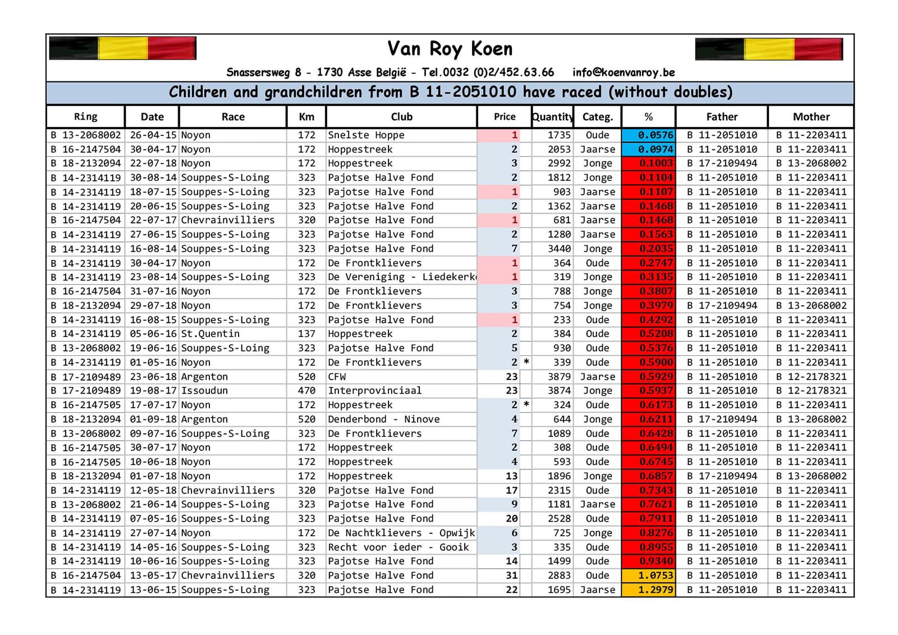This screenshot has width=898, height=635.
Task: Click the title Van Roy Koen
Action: coord(450,49)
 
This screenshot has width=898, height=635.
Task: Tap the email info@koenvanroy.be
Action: coord(623,72)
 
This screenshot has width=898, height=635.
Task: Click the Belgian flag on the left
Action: coord(123,48)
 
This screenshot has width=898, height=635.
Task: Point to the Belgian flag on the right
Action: coord(769,49)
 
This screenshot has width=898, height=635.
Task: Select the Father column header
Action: coord(722,117)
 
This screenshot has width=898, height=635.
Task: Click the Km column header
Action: coord(306,117)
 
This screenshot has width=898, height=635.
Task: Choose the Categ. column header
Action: coord(597,117)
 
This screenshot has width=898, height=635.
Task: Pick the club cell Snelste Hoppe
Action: coord(366,135)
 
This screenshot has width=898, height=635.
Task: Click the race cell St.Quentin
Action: coord(210,334)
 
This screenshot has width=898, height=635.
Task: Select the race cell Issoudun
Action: coord(204,391)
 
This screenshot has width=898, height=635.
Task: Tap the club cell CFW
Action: coord(337,377)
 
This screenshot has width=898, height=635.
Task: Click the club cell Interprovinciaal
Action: coord(374,391)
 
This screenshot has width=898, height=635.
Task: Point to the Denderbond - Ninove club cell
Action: coord(384,419)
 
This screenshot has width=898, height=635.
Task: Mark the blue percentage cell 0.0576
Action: coord(648,135)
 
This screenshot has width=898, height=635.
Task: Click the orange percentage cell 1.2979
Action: coord(648,590)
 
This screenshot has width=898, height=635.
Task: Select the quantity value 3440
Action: coord(559,249)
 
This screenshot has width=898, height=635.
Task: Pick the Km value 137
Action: coord(306,334)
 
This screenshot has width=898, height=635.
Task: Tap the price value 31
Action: coord(511,575)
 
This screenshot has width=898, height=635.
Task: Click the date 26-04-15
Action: coord(153,135)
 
